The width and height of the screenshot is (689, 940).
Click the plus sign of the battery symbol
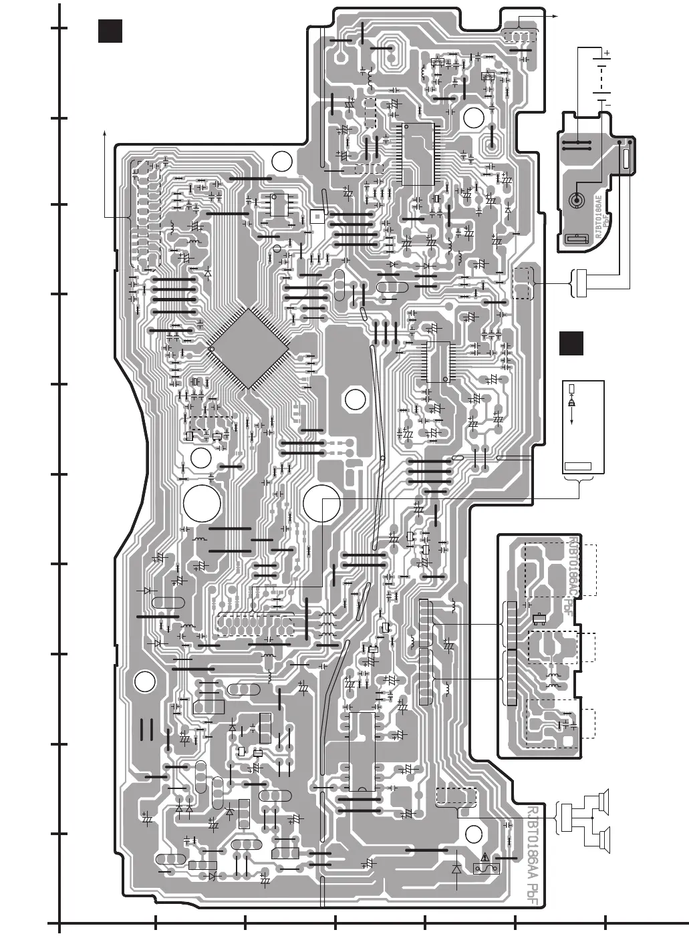606,52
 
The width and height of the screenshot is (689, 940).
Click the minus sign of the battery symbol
606,104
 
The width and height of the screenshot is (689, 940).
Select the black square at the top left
110,31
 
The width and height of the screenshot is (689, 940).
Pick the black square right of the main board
571,343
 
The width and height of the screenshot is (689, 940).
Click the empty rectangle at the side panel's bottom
578,466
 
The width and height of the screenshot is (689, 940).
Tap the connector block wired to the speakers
567,820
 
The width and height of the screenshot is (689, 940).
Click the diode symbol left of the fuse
456,869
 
